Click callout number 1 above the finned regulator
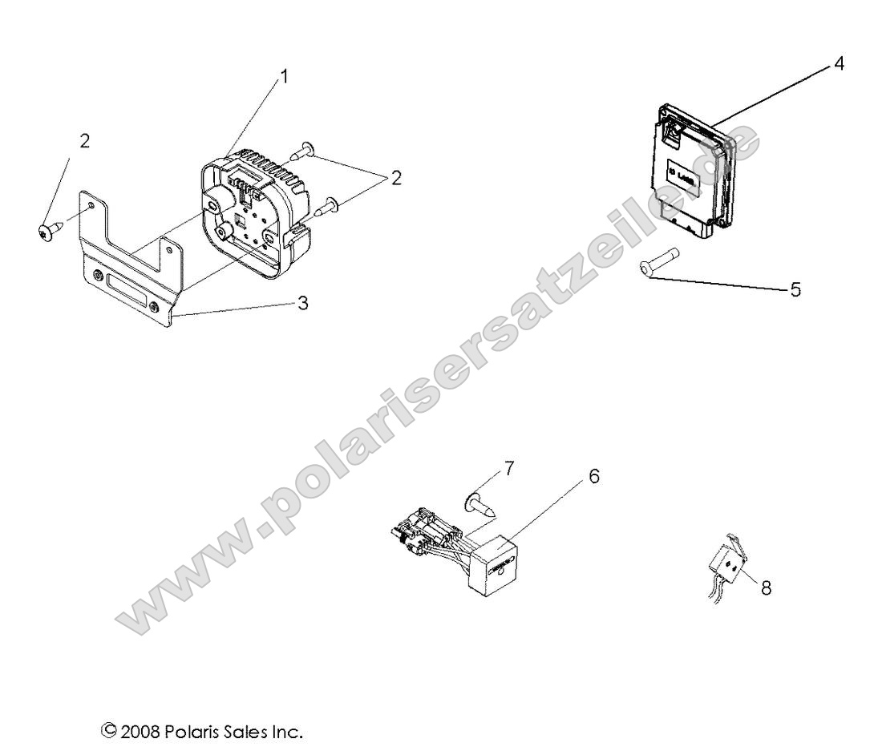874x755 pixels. coord(284,77)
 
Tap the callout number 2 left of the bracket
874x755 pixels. coord(84,141)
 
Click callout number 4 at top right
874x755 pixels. coord(838,63)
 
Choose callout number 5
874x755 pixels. coord(795,290)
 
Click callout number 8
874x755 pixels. coord(766,587)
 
